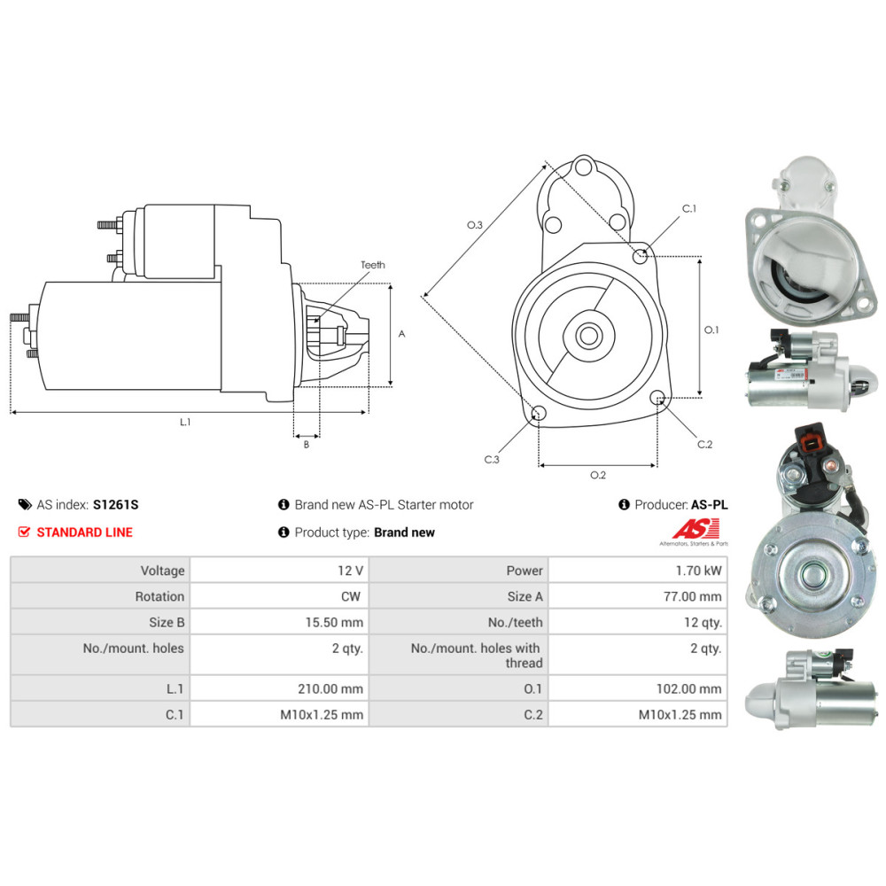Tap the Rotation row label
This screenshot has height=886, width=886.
pyautogui.click(x=159, y=596)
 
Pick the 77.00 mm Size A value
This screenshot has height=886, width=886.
pyautogui.click(x=692, y=596)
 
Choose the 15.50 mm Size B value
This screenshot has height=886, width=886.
pyautogui.click(x=334, y=623)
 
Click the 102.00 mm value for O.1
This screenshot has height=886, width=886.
pyautogui.click(x=688, y=688)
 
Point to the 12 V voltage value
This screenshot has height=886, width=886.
pyautogui.click(x=350, y=571)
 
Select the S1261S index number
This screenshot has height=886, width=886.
pyautogui.click(x=115, y=505)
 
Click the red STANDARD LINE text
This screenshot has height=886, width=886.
pyautogui.click(x=84, y=532)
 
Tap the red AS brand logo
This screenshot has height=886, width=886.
pyautogui.click(x=696, y=529)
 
